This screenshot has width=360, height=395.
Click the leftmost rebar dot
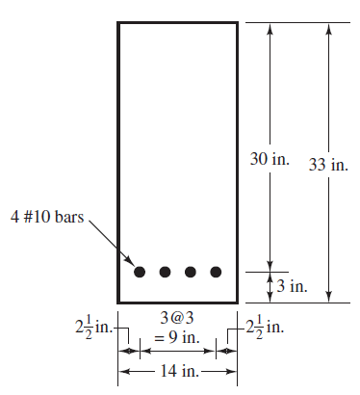point(141,272)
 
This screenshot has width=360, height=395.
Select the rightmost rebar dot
point(216,272)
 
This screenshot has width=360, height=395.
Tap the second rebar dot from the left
point(166,272)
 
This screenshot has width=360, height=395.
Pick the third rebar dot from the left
point(191,272)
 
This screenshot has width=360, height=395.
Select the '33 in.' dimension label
point(328,165)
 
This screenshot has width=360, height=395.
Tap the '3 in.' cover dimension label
point(293,286)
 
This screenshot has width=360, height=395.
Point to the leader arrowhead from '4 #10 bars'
point(130,261)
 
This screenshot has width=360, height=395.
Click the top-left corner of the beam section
point(118,22)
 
